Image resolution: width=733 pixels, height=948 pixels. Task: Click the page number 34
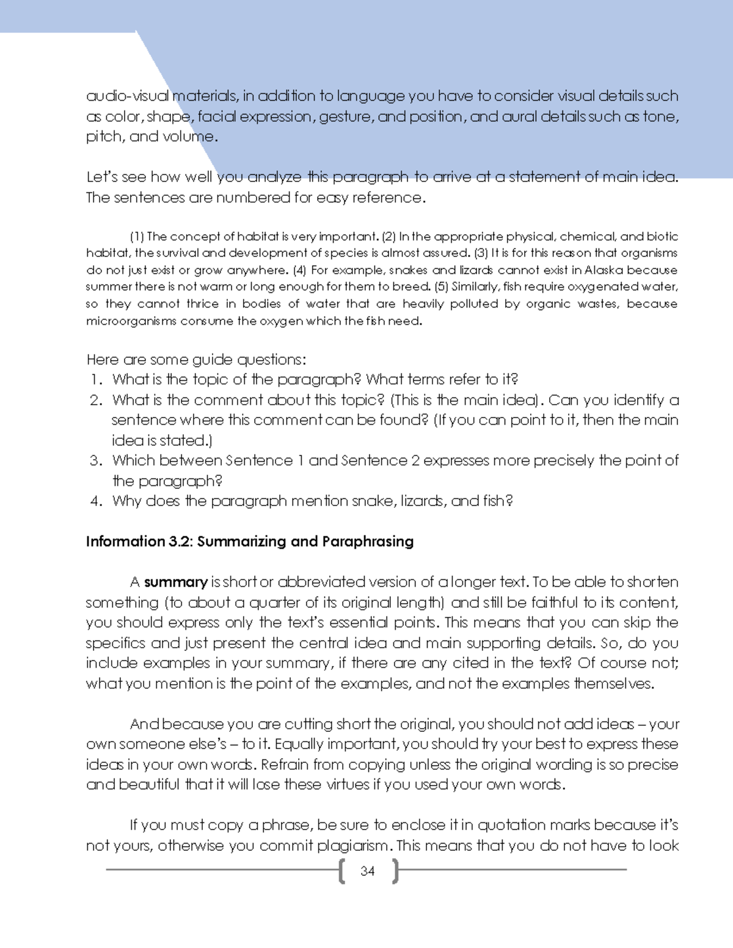click(x=367, y=871)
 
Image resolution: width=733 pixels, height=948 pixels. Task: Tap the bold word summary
click(x=176, y=582)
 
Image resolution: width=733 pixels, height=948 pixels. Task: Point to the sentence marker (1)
click(x=137, y=236)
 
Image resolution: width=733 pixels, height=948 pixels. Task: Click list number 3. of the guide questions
click(x=95, y=461)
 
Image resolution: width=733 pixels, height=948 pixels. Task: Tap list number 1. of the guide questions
click(x=96, y=380)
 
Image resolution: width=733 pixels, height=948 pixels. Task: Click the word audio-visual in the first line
click(x=127, y=96)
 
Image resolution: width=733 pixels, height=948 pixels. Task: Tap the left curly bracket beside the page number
click(x=341, y=872)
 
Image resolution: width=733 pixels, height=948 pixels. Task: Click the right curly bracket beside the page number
click(x=395, y=872)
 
